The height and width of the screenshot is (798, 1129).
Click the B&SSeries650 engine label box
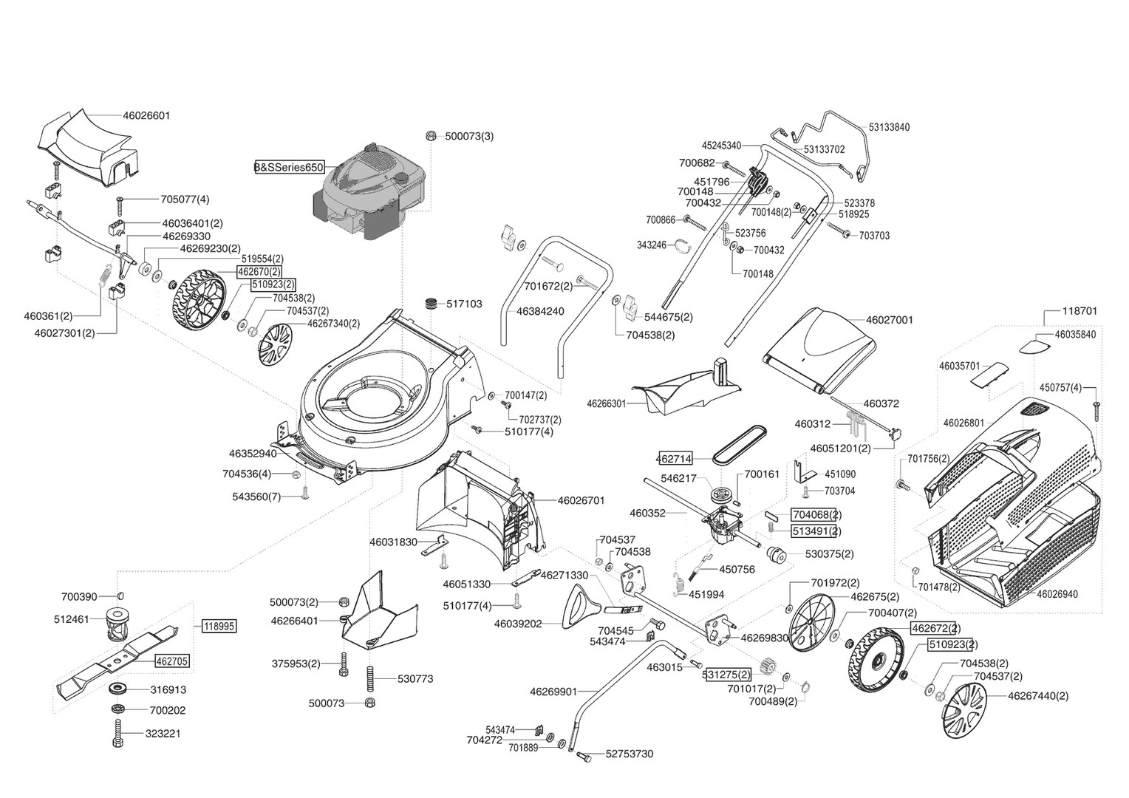tap(290, 168)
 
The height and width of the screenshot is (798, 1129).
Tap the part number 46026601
tap(147, 115)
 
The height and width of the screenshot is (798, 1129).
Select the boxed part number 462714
tap(674, 459)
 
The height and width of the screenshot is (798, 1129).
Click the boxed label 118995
tap(219, 627)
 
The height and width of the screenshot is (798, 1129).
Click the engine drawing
tap(369, 191)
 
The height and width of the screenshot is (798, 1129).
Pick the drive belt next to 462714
tap(740, 444)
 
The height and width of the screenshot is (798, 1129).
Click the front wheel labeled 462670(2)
tap(199, 299)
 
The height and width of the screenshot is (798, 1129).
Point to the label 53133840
tap(889, 128)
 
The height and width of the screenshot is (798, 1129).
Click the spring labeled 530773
tap(370, 678)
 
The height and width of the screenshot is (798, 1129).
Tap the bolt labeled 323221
tap(117, 733)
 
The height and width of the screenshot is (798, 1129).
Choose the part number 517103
tap(464, 304)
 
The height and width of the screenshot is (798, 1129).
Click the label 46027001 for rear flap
tap(890, 320)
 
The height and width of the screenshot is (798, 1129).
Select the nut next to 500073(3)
tap(431, 135)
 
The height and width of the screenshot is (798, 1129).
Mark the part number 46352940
tap(253, 454)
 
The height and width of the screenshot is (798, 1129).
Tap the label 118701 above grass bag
tap(1079, 311)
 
